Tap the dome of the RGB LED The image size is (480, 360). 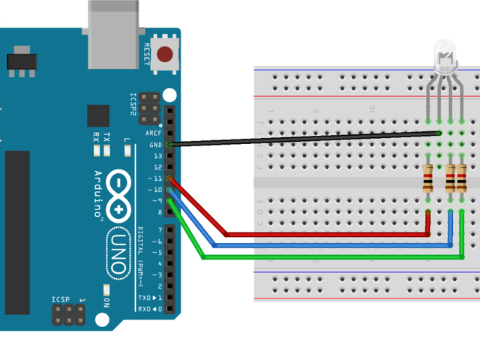pyautogui.click(x=444, y=58)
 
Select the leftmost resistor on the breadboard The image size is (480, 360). pyautogui.click(x=427, y=178)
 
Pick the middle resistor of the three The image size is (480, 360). pyautogui.click(x=450, y=178)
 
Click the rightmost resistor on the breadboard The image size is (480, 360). pyautogui.click(x=460, y=178)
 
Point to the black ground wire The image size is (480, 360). pyautogui.click(x=300, y=139)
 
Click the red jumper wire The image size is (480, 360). pyautogui.click(x=322, y=235)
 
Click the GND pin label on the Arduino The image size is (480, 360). pyautogui.click(x=155, y=144)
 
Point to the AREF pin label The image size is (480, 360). pyautogui.click(x=154, y=133)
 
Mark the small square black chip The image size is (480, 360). pyautogui.click(x=98, y=115)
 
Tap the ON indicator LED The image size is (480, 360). pyautogui.click(x=107, y=289)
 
